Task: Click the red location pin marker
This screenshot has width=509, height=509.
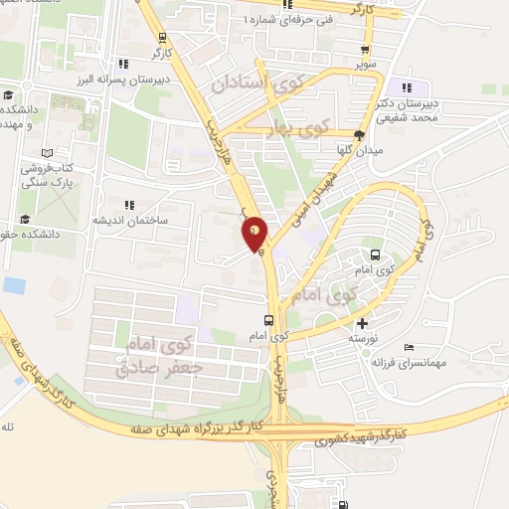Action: tap(254, 234)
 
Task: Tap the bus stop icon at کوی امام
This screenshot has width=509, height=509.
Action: tap(269, 320)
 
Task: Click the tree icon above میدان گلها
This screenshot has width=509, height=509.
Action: tap(360, 135)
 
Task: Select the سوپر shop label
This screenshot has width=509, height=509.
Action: tap(368, 63)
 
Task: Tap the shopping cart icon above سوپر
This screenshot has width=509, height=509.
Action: tap(368, 48)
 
